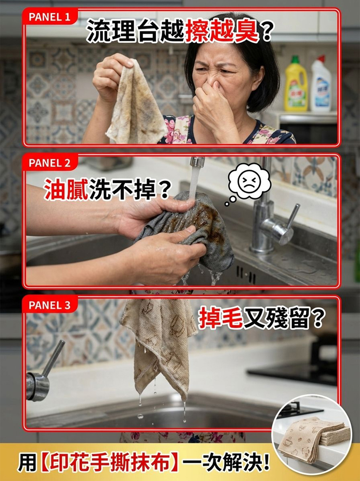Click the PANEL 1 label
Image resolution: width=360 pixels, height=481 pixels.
click(49, 17)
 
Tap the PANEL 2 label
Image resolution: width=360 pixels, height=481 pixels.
click(49, 163)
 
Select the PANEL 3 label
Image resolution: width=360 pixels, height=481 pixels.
click(49, 305)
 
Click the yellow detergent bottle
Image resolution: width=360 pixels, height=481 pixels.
click(296, 83)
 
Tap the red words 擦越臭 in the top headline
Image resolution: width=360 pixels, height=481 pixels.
click(222, 30)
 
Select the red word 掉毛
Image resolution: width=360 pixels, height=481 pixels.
click(221, 318)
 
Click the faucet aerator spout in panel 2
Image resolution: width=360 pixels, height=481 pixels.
click(197, 162)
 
